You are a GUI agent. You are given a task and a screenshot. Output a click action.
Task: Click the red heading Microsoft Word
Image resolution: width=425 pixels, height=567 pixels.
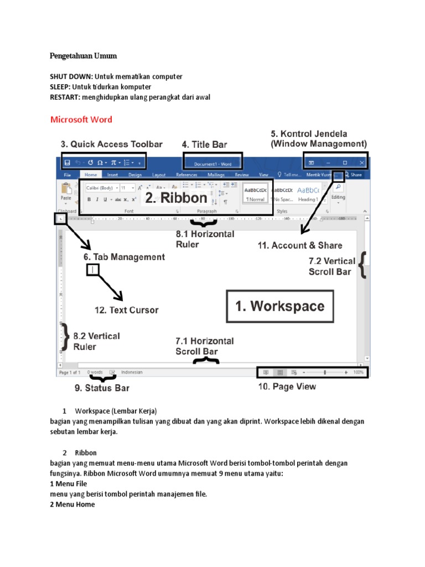click(x=81, y=119)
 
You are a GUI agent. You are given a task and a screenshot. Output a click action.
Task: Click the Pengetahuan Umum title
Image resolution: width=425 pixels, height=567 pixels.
click(x=83, y=56)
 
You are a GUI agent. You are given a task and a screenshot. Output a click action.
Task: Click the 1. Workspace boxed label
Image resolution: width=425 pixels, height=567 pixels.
click(x=280, y=306)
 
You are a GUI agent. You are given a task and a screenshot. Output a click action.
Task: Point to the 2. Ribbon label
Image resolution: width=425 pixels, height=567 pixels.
click(x=176, y=198)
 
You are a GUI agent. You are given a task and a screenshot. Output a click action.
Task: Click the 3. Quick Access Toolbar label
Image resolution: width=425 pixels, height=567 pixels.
click(x=111, y=144)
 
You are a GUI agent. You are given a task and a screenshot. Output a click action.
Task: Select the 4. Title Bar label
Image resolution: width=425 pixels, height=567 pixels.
click(x=204, y=145)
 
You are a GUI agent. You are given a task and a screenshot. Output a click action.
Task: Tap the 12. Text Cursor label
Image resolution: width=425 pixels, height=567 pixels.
click(x=126, y=310)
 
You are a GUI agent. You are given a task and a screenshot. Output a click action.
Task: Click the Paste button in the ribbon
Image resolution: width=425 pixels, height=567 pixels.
click(x=66, y=194)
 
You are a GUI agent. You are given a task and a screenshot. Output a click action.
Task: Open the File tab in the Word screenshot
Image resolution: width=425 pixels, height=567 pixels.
click(x=66, y=174)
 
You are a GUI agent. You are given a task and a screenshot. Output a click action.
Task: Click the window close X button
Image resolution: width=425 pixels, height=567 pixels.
click(x=362, y=163)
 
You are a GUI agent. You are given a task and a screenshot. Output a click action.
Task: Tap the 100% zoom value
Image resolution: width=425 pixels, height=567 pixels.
click(x=359, y=373)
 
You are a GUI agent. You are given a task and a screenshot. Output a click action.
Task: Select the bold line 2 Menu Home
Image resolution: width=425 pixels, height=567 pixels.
click(x=72, y=504)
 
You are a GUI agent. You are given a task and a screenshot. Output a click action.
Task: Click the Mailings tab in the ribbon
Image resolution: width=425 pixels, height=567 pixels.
click(x=216, y=174)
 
